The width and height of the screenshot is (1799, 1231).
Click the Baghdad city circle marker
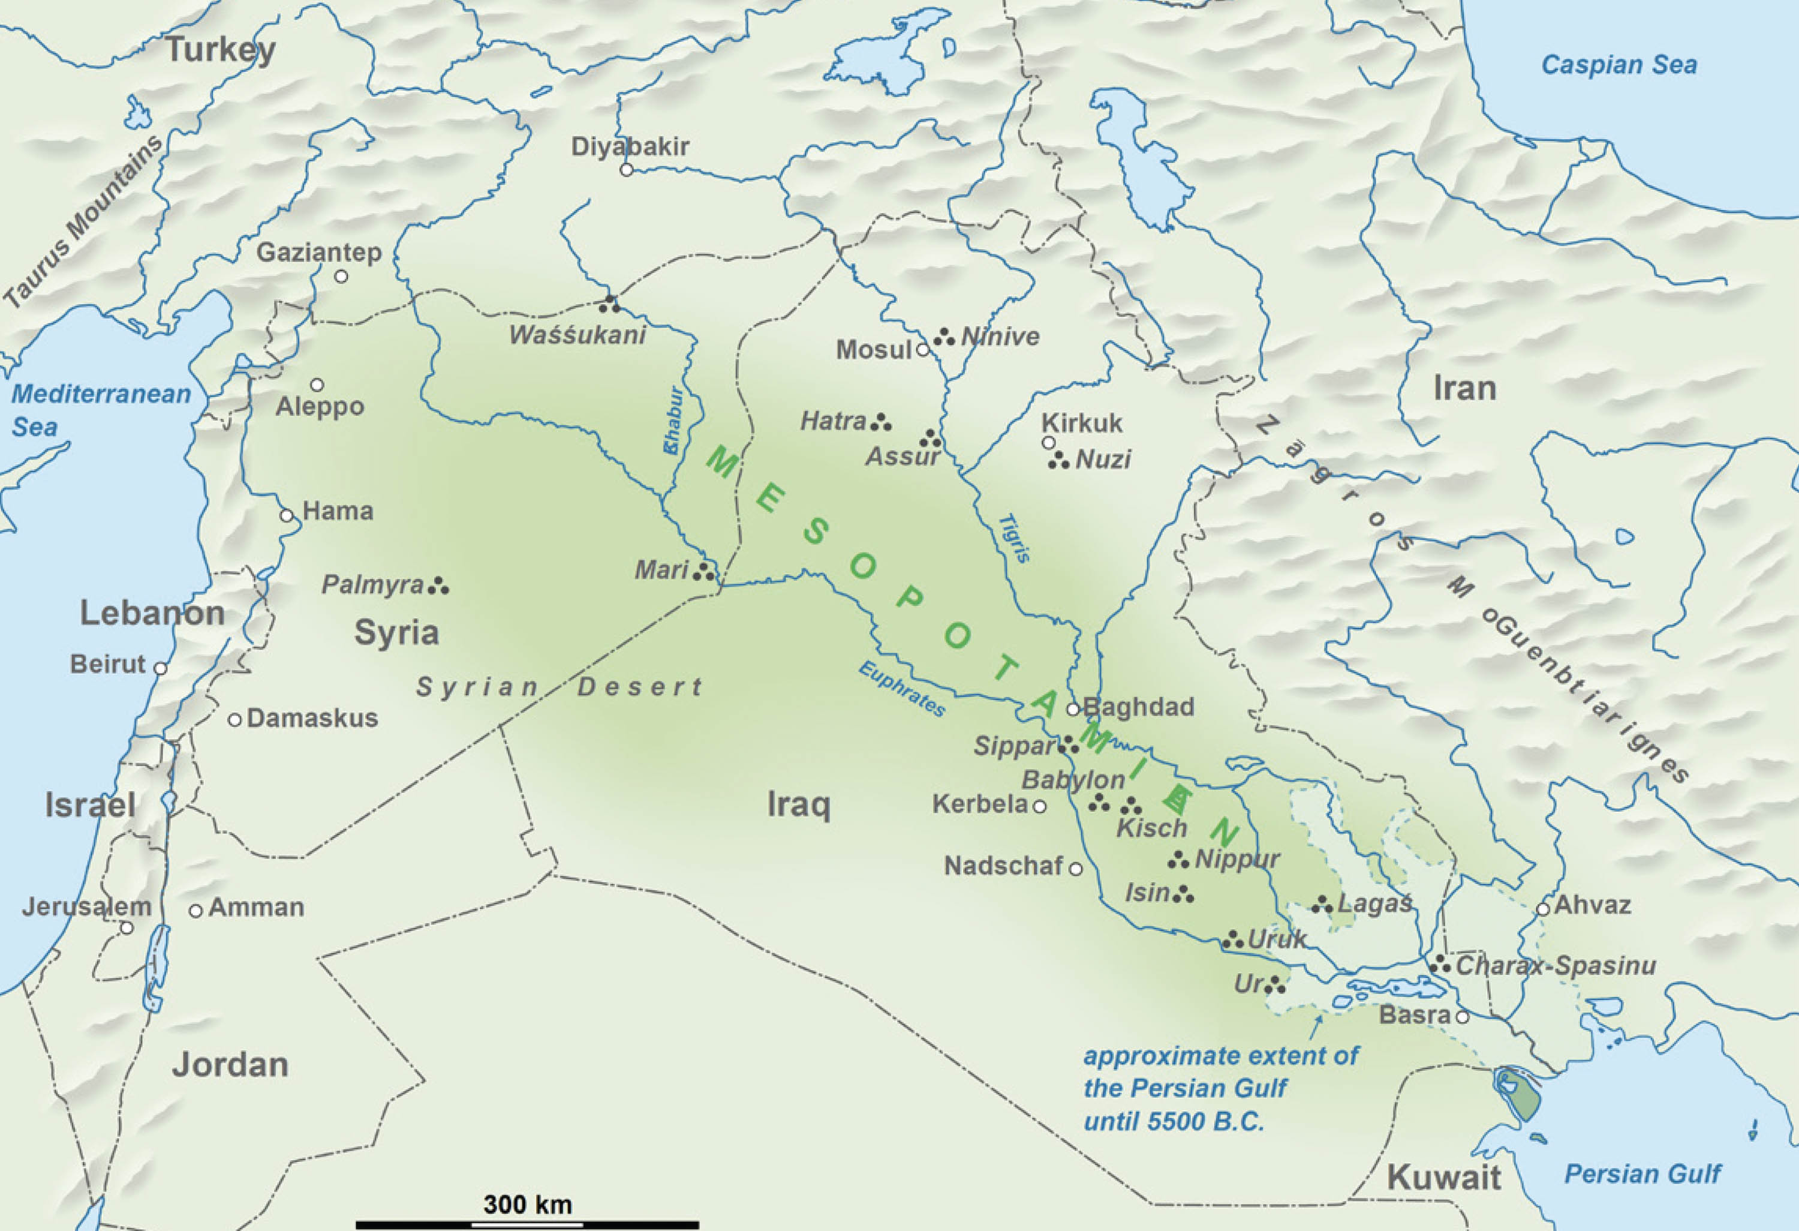1073,709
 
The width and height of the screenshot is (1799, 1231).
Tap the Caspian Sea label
1620,64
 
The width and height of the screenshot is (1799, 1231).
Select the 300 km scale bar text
527,1205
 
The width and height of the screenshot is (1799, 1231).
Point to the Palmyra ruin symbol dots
439,586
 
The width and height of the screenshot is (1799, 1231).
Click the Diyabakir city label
629,146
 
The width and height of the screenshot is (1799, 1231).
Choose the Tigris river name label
1015,538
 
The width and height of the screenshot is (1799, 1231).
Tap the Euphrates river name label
902,689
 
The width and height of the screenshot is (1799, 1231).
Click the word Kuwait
1443,1178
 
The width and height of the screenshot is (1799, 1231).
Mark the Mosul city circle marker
923,350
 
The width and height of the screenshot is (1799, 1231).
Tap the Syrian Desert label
559,687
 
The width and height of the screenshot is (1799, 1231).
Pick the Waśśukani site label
577,335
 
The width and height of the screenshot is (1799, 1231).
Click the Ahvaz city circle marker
1544,909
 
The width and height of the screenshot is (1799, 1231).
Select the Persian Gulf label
1642,1173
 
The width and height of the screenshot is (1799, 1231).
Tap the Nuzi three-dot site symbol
1058,461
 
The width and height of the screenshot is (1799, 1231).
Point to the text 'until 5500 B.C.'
1174,1121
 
